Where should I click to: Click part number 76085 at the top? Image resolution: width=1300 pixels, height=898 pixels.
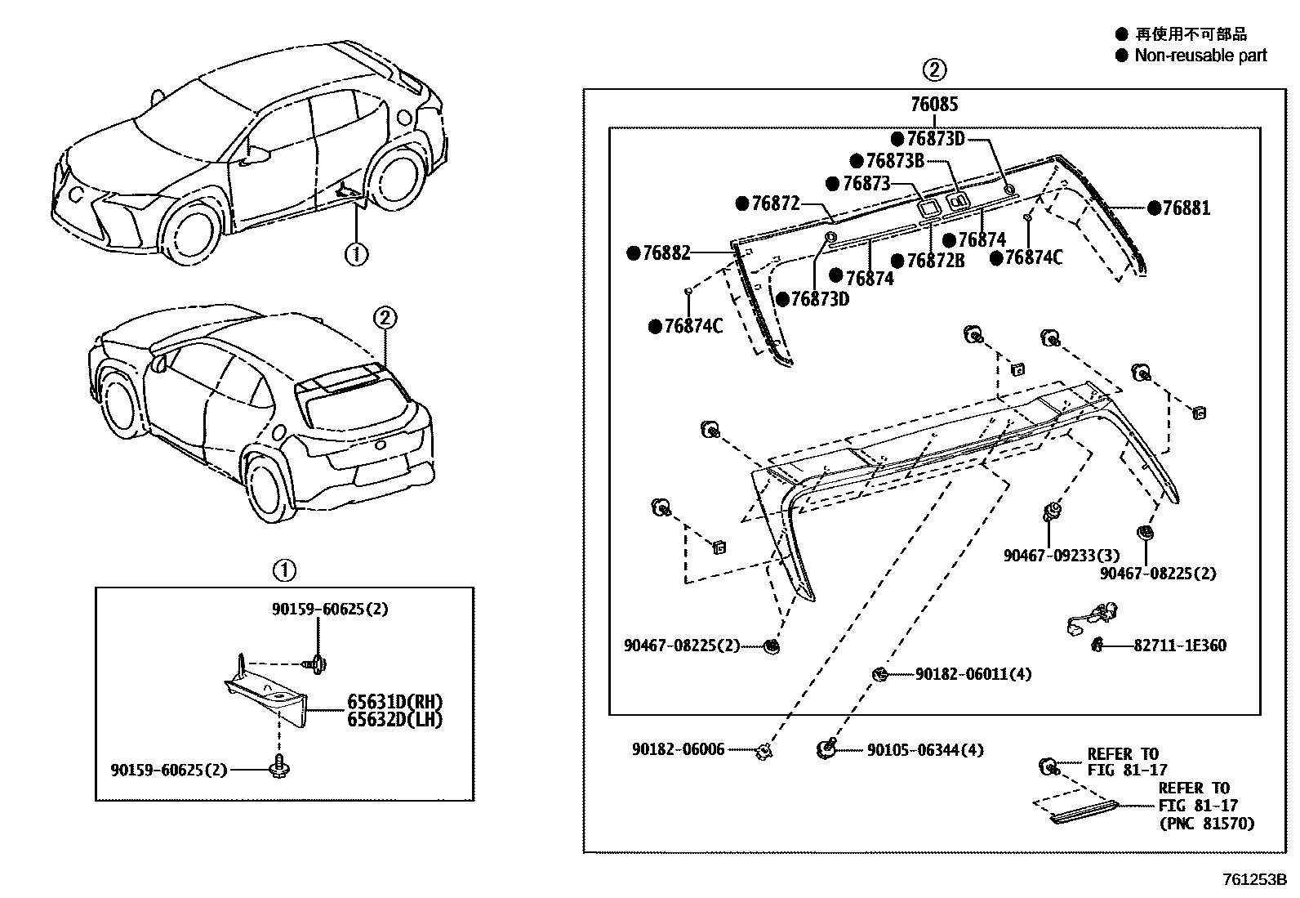(934, 104)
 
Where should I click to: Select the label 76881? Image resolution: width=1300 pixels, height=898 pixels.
(1186, 208)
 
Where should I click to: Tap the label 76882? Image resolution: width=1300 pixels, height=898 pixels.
(666, 253)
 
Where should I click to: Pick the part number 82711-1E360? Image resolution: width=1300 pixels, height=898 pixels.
(1179, 645)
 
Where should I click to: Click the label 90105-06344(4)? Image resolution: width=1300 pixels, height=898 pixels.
(924, 749)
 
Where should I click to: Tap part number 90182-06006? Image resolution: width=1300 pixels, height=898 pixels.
(678, 748)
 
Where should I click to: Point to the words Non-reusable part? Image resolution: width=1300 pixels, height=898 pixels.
(1200, 56)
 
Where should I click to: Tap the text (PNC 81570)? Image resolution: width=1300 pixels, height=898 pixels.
(1205, 824)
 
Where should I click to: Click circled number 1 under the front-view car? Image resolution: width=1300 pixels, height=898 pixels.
(356, 254)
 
